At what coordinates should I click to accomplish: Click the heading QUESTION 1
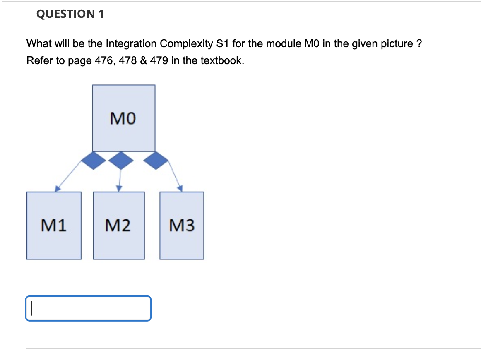pos(70,14)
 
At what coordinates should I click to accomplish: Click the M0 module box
pos(123,118)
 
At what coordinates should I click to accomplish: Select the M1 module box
pos(54,226)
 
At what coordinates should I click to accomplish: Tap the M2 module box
pos(118,226)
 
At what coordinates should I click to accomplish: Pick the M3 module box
pos(181,226)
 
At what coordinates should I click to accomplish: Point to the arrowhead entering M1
pos(58,189)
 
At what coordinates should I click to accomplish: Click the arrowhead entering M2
pos(119,189)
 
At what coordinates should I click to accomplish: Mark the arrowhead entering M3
pos(180,189)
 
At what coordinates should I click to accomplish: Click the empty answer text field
pos(88,308)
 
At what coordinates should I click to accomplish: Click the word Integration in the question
pos(132,43)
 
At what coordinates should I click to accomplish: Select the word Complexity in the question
pos(186,43)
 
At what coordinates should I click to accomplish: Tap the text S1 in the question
pos(224,43)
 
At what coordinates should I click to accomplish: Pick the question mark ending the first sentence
pos(418,43)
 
